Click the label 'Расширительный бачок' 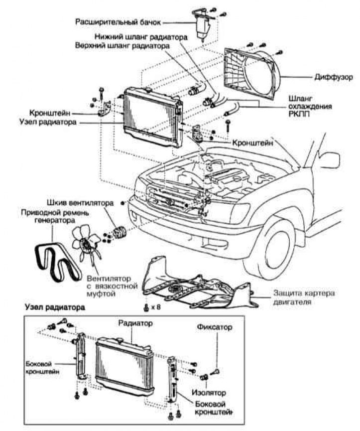coord(118,22)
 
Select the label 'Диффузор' coord(334,77)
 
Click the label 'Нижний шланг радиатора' coord(141,37)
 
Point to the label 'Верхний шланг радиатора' coord(122,46)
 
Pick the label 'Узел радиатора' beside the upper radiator coord(48,122)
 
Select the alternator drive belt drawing coord(57,263)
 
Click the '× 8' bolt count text coord(156,307)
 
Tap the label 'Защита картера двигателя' coord(304,297)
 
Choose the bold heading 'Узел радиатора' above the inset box coord(55,307)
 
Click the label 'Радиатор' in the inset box coord(135,323)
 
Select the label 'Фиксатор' coord(215,327)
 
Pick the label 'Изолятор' coord(209,393)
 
